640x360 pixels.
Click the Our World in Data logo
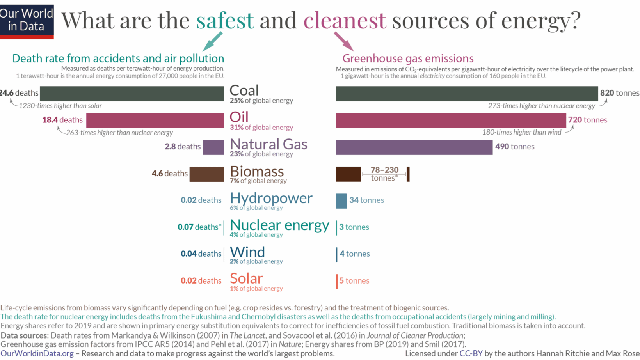tap(27, 21)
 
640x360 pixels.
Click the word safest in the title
tap(225, 20)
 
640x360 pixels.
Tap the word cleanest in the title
tap(345, 20)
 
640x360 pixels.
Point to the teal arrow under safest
tap(213, 41)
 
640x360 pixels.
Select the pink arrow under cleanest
tap(344, 41)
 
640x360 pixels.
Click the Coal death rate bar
tap(132, 94)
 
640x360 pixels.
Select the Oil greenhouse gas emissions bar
tap(451, 121)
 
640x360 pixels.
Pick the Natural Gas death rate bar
tap(213, 147)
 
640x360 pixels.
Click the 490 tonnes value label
tap(515, 147)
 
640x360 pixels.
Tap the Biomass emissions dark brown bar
tap(348, 174)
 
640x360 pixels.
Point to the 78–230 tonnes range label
tap(384, 174)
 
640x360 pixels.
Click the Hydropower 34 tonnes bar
tap(341, 201)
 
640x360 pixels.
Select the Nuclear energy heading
tap(279, 225)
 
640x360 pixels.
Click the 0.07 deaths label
tap(199, 227)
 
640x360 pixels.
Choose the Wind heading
tap(247, 252)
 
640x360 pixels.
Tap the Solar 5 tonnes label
tap(354, 281)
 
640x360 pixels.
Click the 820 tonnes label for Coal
tap(619, 93)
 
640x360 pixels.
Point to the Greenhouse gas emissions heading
tap(408, 59)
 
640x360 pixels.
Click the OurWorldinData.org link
tap(37, 354)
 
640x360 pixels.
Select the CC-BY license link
tap(471, 354)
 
